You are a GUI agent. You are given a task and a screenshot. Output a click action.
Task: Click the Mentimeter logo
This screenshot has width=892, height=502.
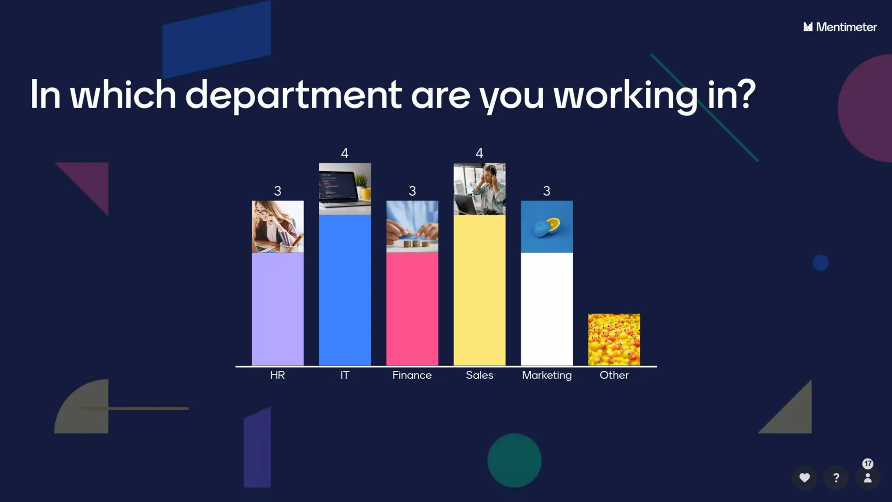point(840,27)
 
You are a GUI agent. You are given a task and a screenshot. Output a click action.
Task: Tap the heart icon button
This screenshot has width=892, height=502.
point(804,478)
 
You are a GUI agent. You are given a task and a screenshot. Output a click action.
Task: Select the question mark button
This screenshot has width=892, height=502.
point(836,478)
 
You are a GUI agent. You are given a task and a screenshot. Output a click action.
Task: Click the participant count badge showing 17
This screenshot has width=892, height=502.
point(868,464)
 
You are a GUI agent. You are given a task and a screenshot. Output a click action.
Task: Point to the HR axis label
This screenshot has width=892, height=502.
point(277,375)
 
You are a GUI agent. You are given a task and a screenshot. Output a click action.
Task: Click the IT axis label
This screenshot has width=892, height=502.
point(345,375)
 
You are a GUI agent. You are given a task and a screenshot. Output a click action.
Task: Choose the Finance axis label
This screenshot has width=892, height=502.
point(412,375)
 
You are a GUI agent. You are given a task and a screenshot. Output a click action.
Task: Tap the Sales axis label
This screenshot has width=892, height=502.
point(479,375)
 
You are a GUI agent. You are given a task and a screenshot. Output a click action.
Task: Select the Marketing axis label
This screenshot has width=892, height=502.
point(547,375)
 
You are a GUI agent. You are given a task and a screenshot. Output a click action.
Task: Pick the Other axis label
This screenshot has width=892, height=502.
point(614,375)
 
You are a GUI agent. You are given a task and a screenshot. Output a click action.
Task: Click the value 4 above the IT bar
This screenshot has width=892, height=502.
point(345,153)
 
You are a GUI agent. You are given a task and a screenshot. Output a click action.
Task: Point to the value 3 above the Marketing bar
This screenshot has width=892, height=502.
point(547,191)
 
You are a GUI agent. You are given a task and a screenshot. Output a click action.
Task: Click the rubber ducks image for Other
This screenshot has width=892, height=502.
point(614,339)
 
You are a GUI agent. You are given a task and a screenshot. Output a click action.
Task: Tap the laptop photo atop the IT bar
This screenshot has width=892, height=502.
point(345,189)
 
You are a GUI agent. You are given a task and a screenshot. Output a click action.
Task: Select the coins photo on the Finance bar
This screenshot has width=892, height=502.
point(412,227)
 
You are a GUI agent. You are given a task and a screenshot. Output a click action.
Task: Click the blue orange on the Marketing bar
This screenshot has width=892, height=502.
point(547,227)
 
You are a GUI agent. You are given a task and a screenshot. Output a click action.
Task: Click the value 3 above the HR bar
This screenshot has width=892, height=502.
point(277,191)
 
